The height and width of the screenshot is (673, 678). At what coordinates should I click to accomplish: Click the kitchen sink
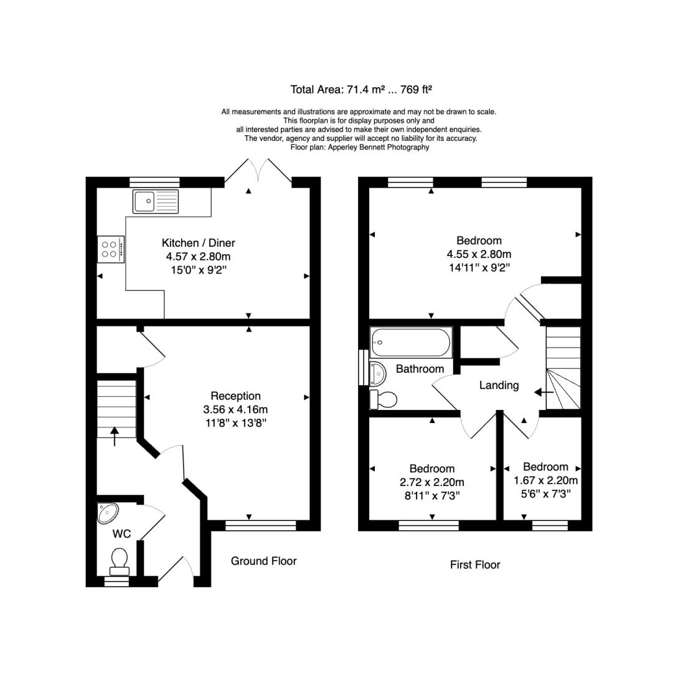(156, 201)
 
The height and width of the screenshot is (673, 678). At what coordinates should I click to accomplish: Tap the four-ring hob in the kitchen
(111, 249)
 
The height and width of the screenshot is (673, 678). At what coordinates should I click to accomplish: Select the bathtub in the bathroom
(411, 342)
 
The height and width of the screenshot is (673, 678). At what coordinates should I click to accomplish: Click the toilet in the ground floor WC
(120, 561)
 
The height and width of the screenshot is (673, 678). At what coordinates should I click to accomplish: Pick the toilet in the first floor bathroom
(384, 399)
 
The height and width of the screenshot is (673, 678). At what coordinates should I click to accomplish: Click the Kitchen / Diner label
(199, 243)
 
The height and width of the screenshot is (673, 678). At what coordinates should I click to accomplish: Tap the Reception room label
(236, 396)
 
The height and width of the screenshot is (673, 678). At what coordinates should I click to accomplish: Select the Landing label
(499, 385)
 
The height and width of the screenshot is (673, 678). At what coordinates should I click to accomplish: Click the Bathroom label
(420, 369)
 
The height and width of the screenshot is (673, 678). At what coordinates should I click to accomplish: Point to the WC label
(121, 533)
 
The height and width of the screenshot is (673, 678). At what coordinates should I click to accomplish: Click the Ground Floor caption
(264, 561)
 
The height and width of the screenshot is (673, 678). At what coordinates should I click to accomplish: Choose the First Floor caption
(475, 565)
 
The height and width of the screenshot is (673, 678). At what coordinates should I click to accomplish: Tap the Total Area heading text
(361, 90)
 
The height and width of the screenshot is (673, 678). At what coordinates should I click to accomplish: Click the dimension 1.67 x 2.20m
(545, 480)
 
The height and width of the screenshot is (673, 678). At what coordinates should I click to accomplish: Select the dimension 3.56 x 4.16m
(236, 409)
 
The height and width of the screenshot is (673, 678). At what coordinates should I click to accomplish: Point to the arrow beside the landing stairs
(544, 393)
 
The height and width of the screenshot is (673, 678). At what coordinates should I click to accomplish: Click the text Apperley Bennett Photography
(379, 147)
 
